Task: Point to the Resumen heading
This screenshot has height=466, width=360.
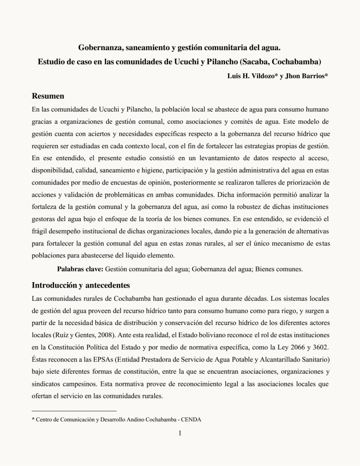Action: [x=48, y=96]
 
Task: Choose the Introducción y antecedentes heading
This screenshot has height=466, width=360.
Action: [x=81, y=286]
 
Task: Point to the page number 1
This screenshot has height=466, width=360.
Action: [x=180, y=433]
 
